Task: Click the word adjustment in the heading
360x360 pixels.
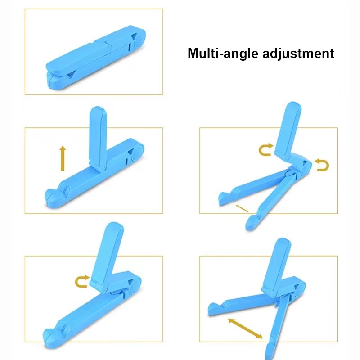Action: click(298, 54)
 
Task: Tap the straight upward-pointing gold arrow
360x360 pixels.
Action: click(63, 158)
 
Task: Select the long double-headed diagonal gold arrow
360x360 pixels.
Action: click(245, 328)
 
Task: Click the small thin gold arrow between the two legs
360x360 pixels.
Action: click(242, 208)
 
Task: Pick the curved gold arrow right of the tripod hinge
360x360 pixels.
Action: click(322, 165)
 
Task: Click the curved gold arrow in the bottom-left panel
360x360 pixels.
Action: click(82, 281)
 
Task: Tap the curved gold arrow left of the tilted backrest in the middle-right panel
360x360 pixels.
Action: click(266, 150)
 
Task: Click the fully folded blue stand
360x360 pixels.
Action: click(95, 58)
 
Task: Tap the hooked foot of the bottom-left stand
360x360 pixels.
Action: click(51, 339)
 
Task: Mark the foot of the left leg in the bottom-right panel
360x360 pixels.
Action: click(215, 309)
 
